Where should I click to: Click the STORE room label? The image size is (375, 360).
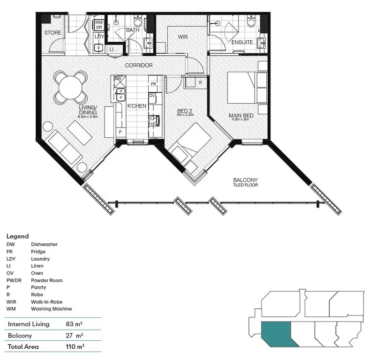[53, 33]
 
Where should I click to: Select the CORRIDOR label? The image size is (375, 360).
[138, 65]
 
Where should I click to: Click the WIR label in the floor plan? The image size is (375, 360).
[182, 37]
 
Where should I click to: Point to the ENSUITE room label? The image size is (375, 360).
[242, 43]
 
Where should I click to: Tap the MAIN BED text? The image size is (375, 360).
[241, 115]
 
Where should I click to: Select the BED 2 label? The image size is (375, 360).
[185, 112]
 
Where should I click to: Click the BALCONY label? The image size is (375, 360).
[245, 180]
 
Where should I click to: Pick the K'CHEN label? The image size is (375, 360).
[137, 106]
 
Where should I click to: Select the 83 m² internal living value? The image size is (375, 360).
[75, 324]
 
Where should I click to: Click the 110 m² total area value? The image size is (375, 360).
[75, 347]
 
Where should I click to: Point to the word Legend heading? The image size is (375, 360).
[17, 236]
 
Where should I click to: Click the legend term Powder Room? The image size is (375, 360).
[47, 280]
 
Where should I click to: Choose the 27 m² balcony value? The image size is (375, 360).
[75, 336]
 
